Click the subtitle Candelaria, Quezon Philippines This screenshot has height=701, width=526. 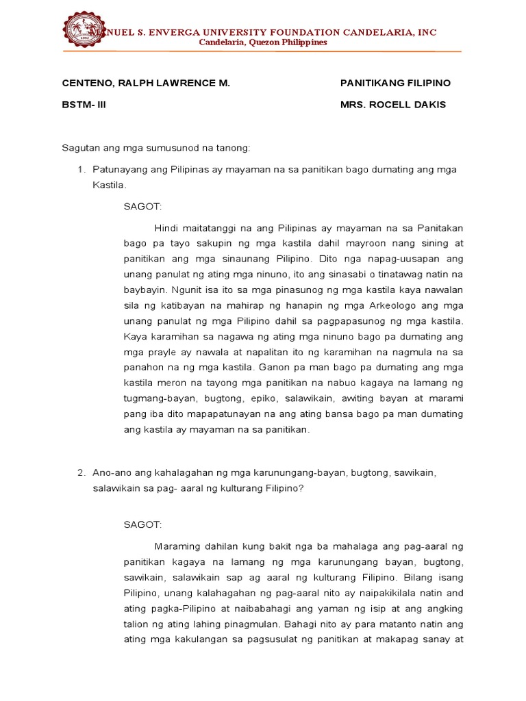click(x=262, y=42)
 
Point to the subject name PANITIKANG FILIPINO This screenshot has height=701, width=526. click(x=395, y=83)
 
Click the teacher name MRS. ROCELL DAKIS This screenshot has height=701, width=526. click(x=392, y=105)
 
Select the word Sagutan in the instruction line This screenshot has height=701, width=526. click(x=82, y=148)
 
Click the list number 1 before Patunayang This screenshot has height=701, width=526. click(x=79, y=169)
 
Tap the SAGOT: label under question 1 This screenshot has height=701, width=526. click(x=142, y=206)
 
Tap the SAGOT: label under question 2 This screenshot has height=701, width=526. click(x=142, y=525)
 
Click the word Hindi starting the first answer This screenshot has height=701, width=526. click(x=167, y=227)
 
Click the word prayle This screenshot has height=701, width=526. click(x=161, y=352)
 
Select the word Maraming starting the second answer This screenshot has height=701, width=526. click(x=177, y=546)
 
